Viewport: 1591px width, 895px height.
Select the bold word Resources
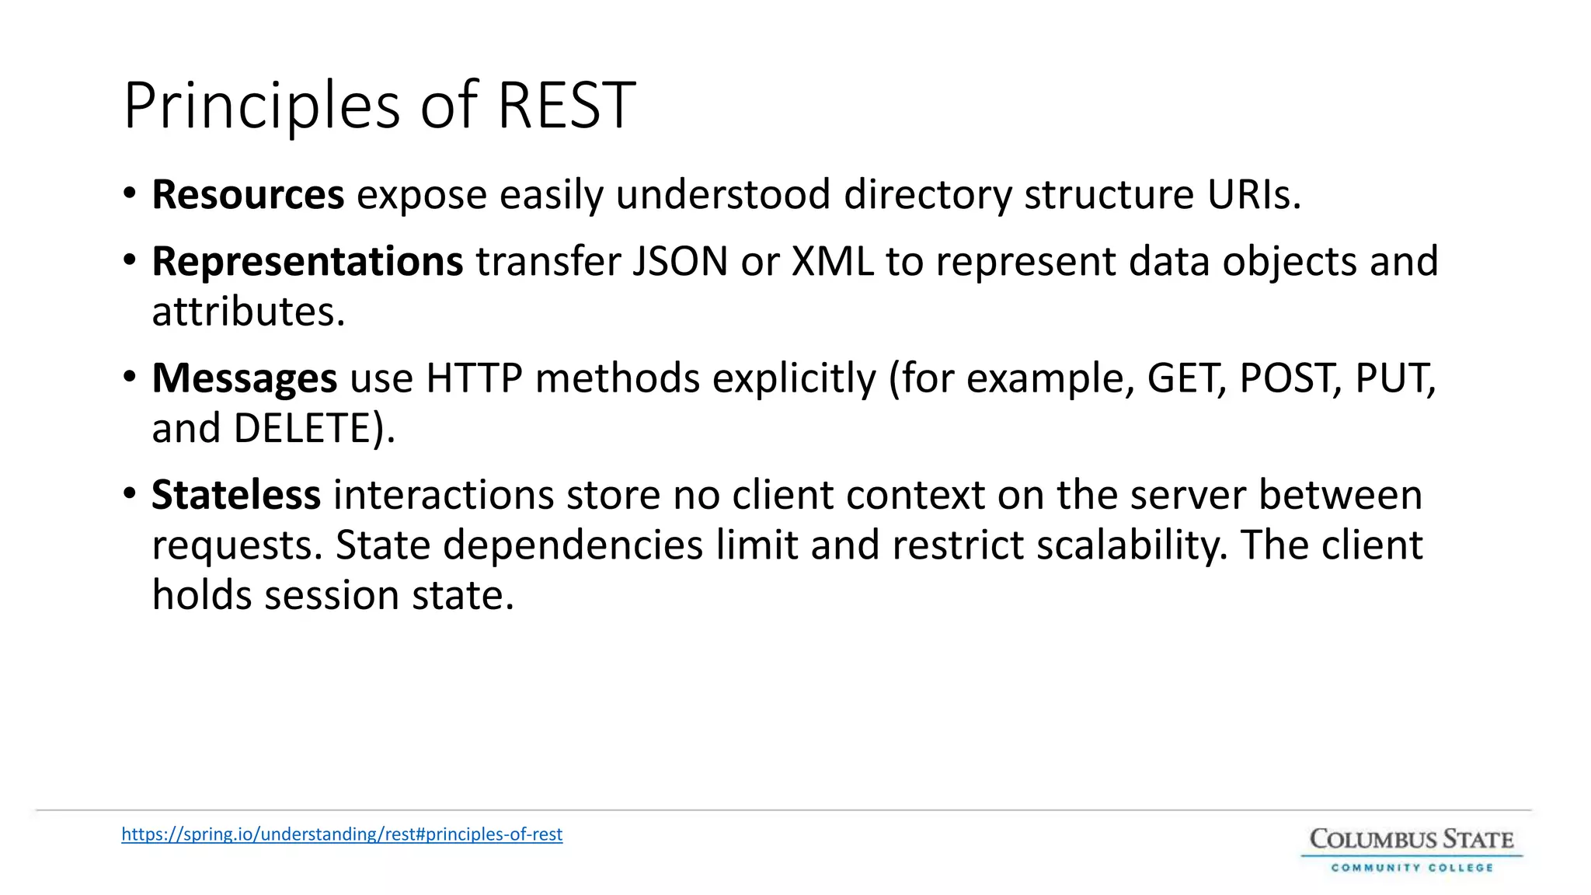pos(248,194)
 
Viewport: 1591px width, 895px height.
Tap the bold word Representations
pos(308,261)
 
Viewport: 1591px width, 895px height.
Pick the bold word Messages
pos(244,378)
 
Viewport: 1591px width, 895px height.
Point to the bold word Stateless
pos(236,495)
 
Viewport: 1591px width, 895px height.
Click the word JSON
pos(680,261)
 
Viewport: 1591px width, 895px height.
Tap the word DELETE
pos(303,428)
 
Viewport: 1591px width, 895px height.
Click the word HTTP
pos(474,378)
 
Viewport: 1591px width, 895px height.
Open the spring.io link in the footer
pos(342,834)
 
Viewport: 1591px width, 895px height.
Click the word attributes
pos(248,312)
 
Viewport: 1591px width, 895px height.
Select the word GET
pos(1185,378)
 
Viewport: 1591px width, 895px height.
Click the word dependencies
pos(573,545)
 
